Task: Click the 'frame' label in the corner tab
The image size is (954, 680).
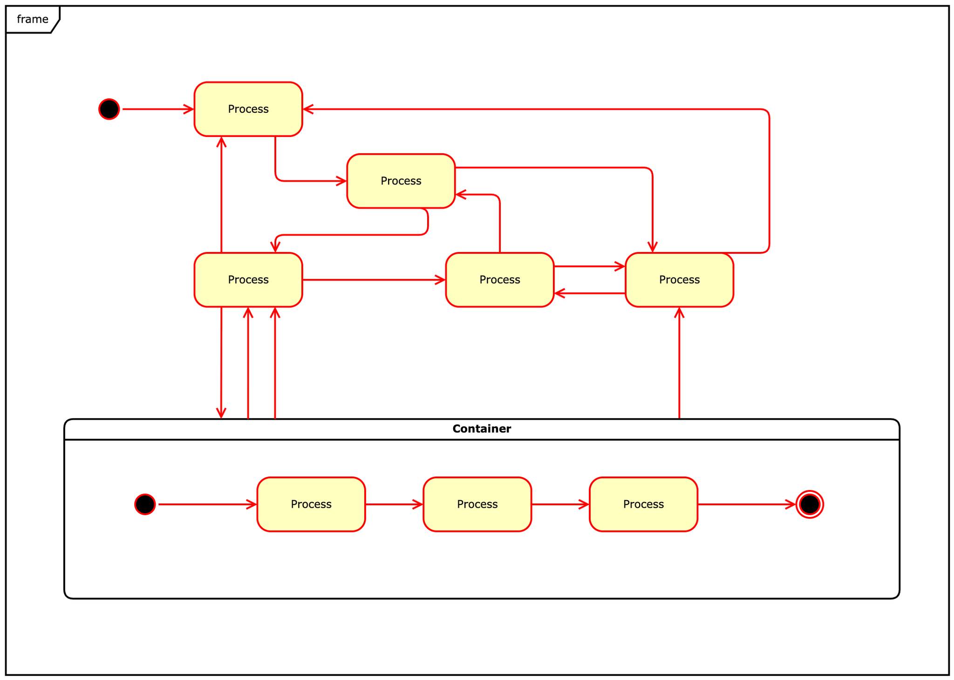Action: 32,19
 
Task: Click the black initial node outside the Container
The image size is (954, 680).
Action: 109,109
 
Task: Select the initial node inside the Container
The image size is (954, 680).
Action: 145,504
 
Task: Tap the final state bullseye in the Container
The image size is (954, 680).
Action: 810,504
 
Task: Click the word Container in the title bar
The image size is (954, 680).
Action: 481,429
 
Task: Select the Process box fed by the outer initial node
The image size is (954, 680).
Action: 248,109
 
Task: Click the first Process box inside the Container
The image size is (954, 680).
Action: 311,504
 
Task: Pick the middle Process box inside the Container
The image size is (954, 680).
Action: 477,504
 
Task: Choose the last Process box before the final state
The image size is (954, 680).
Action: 643,504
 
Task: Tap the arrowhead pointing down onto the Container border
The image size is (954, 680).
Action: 221,413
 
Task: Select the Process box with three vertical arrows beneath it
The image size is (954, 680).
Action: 248,279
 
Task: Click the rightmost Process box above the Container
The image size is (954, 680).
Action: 679,279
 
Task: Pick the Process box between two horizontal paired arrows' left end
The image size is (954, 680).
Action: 499,279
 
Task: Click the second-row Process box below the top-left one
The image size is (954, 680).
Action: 401,181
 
